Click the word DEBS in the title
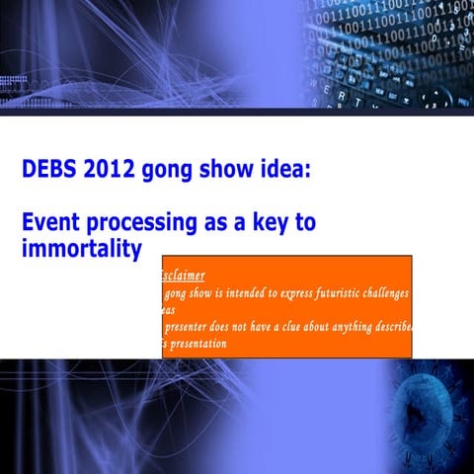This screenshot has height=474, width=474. coord(49,170)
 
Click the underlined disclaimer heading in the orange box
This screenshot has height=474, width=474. coord(183,276)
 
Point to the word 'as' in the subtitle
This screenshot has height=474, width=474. coord(217,222)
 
